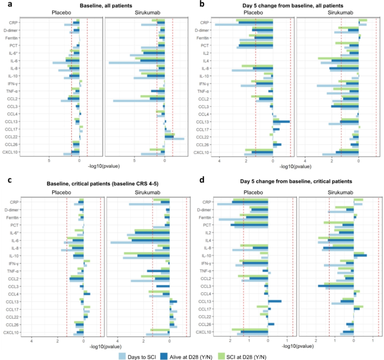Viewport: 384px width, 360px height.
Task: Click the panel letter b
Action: point(202,4)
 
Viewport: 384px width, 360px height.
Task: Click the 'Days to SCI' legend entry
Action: point(141,355)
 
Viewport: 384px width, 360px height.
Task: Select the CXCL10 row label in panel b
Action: point(202,152)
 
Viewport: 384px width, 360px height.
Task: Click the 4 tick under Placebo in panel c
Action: point(32,340)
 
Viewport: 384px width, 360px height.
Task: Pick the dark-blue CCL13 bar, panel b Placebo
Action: point(281,121)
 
